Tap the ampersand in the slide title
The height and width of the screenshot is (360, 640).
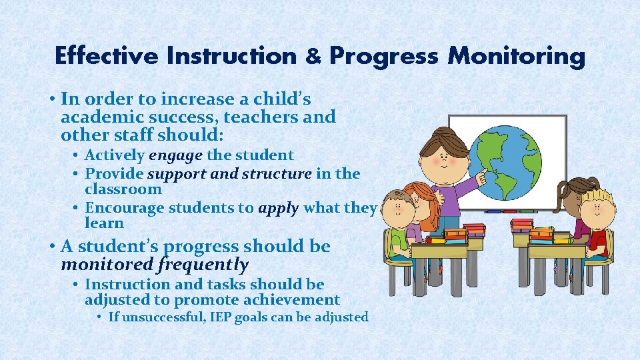tap(313, 57)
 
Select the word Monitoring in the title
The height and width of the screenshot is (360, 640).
tap(517, 57)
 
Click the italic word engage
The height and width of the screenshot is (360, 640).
tap(176, 155)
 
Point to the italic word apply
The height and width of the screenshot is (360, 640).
tap(278, 207)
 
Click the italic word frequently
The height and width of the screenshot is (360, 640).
tap(203, 265)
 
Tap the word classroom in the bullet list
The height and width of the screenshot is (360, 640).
tap(123, 189)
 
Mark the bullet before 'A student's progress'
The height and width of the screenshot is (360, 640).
tap(51, 247)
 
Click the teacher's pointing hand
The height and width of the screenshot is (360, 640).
tap(481, 179)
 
